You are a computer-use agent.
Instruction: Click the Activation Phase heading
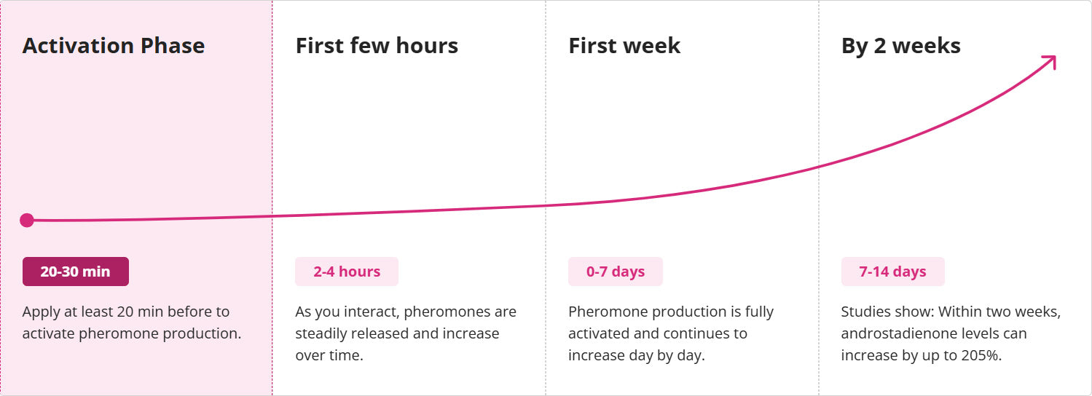click(x=114, y=46)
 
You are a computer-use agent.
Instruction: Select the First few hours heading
click(x=377, y=46)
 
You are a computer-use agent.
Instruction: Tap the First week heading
click(x=624, y=46)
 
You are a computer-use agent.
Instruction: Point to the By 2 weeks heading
click(x=901, y=47)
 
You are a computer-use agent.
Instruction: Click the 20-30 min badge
click(x=76, y=272)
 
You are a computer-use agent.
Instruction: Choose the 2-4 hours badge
click(x=347, y=272)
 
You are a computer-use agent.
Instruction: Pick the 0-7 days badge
click(x=616, y=272)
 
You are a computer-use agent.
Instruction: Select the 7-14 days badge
click(x=892, y=272)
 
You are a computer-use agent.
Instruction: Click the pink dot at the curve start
click(x=27, y=221)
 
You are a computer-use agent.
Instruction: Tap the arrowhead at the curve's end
click(x=1050, y=62)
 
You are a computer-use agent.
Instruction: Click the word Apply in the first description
click(x=41, y=312)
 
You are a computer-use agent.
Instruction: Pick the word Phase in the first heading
click(x=173, y=46)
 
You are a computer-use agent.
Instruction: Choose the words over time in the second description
click(x=329, y=355)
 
